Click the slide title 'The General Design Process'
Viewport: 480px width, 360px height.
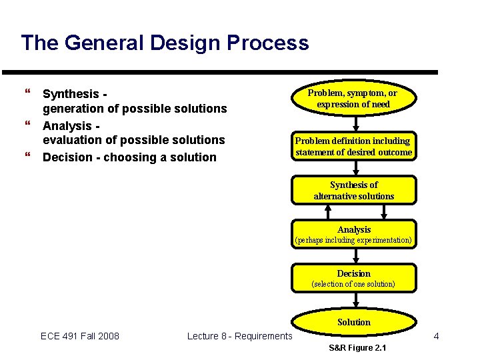165,43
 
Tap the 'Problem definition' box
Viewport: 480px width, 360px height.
353,146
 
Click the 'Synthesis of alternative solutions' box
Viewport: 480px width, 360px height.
353,190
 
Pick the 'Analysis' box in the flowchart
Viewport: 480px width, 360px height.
353,234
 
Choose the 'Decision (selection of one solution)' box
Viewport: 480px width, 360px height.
353,278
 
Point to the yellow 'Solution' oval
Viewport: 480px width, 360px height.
353,322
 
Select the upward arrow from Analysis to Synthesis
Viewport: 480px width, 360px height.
327,211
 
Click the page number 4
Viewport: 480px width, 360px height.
436,336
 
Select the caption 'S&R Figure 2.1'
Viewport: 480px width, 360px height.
357,349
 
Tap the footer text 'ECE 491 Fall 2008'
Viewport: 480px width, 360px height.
80,336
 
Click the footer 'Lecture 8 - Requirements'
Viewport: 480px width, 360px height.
239,336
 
